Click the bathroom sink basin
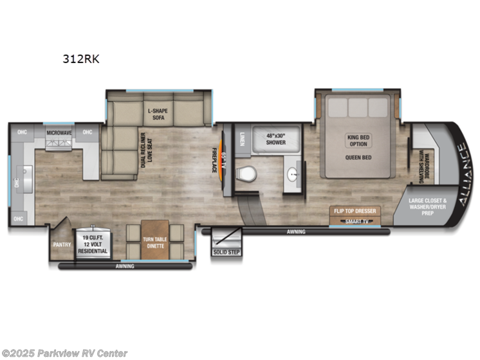tap(293, 174)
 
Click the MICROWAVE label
tap(59, 132)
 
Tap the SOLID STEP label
tap(226, 251)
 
